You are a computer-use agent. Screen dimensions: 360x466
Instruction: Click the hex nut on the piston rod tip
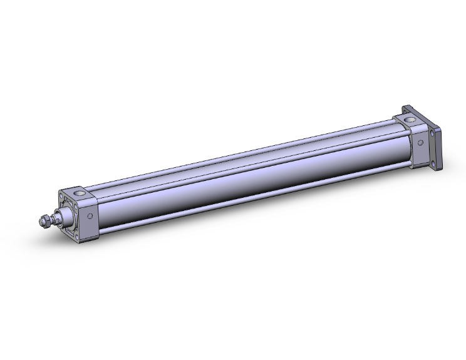pos(45,221)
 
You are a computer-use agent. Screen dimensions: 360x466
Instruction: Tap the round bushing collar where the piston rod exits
pos(63,218)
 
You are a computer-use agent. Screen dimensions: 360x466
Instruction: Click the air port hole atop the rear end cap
pos(410,118)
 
